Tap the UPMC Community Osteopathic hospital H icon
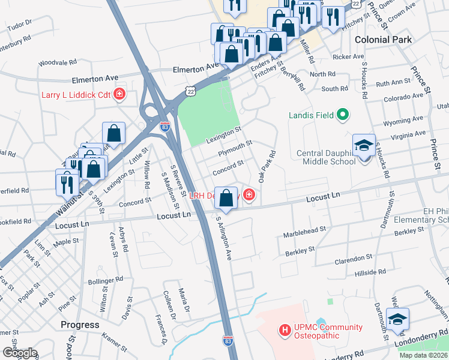[285, 330]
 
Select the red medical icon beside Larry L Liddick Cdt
[120, 94]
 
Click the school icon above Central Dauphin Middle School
[364, 146]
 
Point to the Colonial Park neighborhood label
[384, 39]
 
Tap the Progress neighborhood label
[80, 325]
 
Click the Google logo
[20, 353]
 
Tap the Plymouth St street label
[235, 148]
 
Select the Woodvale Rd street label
[58, 62]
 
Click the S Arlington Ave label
[223, 238]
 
